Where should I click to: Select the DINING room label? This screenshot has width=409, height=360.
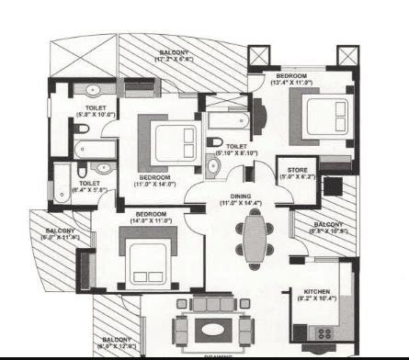(241, 195)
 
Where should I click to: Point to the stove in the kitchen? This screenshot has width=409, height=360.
(324, 333)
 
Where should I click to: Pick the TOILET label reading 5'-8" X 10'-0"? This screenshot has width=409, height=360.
(94, 109)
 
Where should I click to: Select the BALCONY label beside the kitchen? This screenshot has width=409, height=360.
(328, 224)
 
